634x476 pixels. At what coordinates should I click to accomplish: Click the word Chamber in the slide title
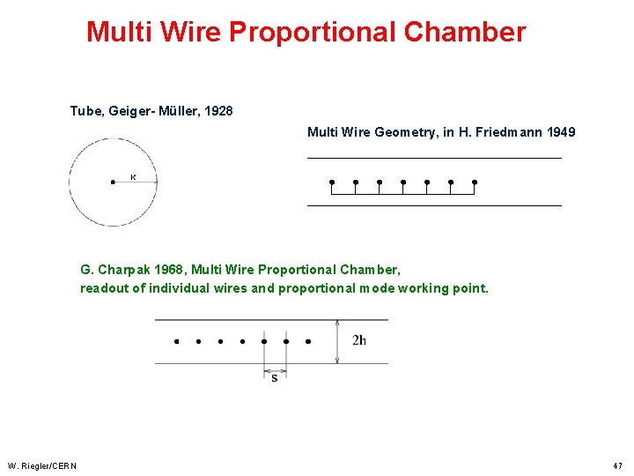pos(464,33)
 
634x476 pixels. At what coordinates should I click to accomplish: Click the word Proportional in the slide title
pos(313,33)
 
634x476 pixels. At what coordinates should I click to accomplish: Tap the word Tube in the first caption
pos(85,111)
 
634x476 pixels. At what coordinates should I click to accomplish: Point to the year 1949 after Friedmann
pos(561,132)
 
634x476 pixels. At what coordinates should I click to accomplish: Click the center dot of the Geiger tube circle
pos(113,182)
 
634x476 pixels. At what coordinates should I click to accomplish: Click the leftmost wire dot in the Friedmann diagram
pos(332,182)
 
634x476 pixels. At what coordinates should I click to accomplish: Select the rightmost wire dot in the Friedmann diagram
pos(475,182)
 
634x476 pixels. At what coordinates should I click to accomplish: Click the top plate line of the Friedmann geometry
pos(433,158)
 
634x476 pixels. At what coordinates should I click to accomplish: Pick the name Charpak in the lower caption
pos(126,270)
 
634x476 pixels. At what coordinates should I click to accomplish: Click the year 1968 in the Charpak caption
pos(168,270)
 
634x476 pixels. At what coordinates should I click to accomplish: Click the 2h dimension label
pos(359,341)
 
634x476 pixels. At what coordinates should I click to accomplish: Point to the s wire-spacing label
pos(275,378)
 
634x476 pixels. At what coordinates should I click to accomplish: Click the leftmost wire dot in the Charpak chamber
pos(176,341)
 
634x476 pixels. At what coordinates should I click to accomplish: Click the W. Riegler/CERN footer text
pos(42,465)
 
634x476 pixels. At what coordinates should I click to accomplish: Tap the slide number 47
pos(618,465)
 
